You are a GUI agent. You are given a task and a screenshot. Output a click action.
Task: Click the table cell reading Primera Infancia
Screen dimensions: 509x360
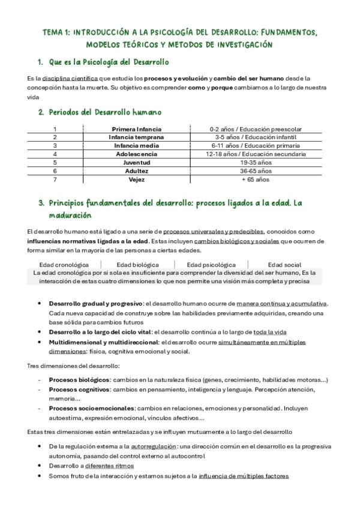[x=136, y=129]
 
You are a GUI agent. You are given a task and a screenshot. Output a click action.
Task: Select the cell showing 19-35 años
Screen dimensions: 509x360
[x=256, y=162]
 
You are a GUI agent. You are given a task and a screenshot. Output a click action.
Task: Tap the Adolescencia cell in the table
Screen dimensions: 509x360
[x=136, y=154]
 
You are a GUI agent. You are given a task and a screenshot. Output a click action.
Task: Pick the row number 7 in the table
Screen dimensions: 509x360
[x=55, y=179]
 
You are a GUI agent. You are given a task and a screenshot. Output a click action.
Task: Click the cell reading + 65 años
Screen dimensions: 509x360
[x=256, y=179]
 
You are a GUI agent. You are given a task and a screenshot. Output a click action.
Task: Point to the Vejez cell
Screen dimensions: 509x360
[x=136, y=179]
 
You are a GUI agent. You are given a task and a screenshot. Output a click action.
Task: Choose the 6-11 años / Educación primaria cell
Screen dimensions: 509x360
[x=256, y=145]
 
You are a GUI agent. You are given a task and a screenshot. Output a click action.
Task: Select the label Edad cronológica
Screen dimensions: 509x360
[x=64, y=264]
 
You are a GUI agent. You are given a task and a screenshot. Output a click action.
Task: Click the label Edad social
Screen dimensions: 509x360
[x=284, y=264]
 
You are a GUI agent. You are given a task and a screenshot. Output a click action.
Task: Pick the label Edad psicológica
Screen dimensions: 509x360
[x=211, y=264]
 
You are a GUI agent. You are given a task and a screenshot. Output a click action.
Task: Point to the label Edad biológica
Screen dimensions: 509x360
[x=138, y=264]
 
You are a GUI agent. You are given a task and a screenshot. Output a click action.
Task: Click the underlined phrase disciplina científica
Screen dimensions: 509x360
[x=67, y=79]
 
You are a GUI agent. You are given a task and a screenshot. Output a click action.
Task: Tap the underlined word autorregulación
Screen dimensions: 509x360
[x=154, y=447]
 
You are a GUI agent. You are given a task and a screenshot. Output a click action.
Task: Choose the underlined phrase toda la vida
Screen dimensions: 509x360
[x=270, y=331]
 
